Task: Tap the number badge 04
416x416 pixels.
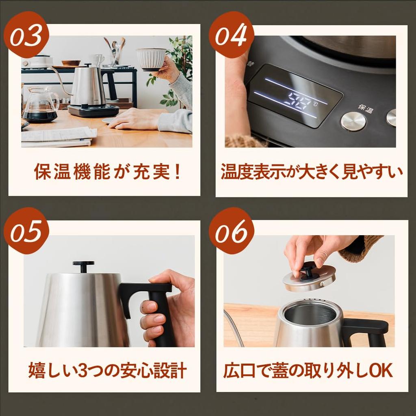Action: (231, 35)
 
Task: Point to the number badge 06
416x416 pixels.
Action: (231, 231)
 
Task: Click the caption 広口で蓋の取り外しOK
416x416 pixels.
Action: (308, 370)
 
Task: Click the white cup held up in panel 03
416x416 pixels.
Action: (151, 59)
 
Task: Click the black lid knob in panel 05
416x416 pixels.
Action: (84, 266)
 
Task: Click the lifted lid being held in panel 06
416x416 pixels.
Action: (310, 278)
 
